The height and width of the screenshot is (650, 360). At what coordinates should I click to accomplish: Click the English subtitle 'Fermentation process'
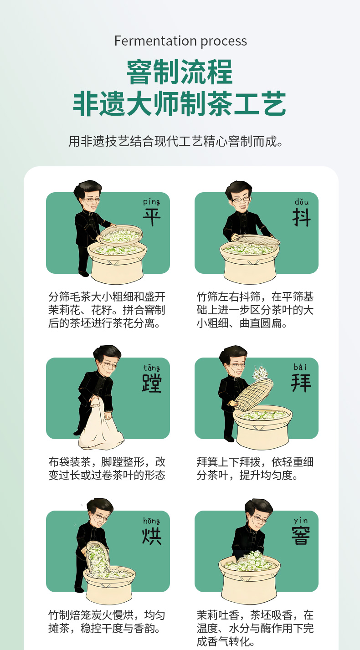(180, 41)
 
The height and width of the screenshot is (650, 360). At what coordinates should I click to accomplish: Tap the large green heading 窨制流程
(180, 72)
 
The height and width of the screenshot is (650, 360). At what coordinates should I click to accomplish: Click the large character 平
(152, 217)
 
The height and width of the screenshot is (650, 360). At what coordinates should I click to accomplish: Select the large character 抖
(301, 218)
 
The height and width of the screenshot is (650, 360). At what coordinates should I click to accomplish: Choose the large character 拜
(301, 383)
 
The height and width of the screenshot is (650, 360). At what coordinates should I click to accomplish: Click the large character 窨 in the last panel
(301, 536)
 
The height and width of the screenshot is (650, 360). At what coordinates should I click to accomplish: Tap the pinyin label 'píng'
(151, 202)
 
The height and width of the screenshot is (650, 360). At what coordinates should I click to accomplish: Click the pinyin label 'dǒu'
(302, 202)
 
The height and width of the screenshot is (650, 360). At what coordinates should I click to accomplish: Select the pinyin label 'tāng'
(152, 368)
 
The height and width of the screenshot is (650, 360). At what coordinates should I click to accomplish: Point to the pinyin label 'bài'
(300, 368)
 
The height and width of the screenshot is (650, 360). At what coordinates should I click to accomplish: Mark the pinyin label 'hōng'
(151, 521)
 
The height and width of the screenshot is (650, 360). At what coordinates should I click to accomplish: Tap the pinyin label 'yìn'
(300, 521)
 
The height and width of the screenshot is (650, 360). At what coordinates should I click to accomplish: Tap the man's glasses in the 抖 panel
(241, 200)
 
